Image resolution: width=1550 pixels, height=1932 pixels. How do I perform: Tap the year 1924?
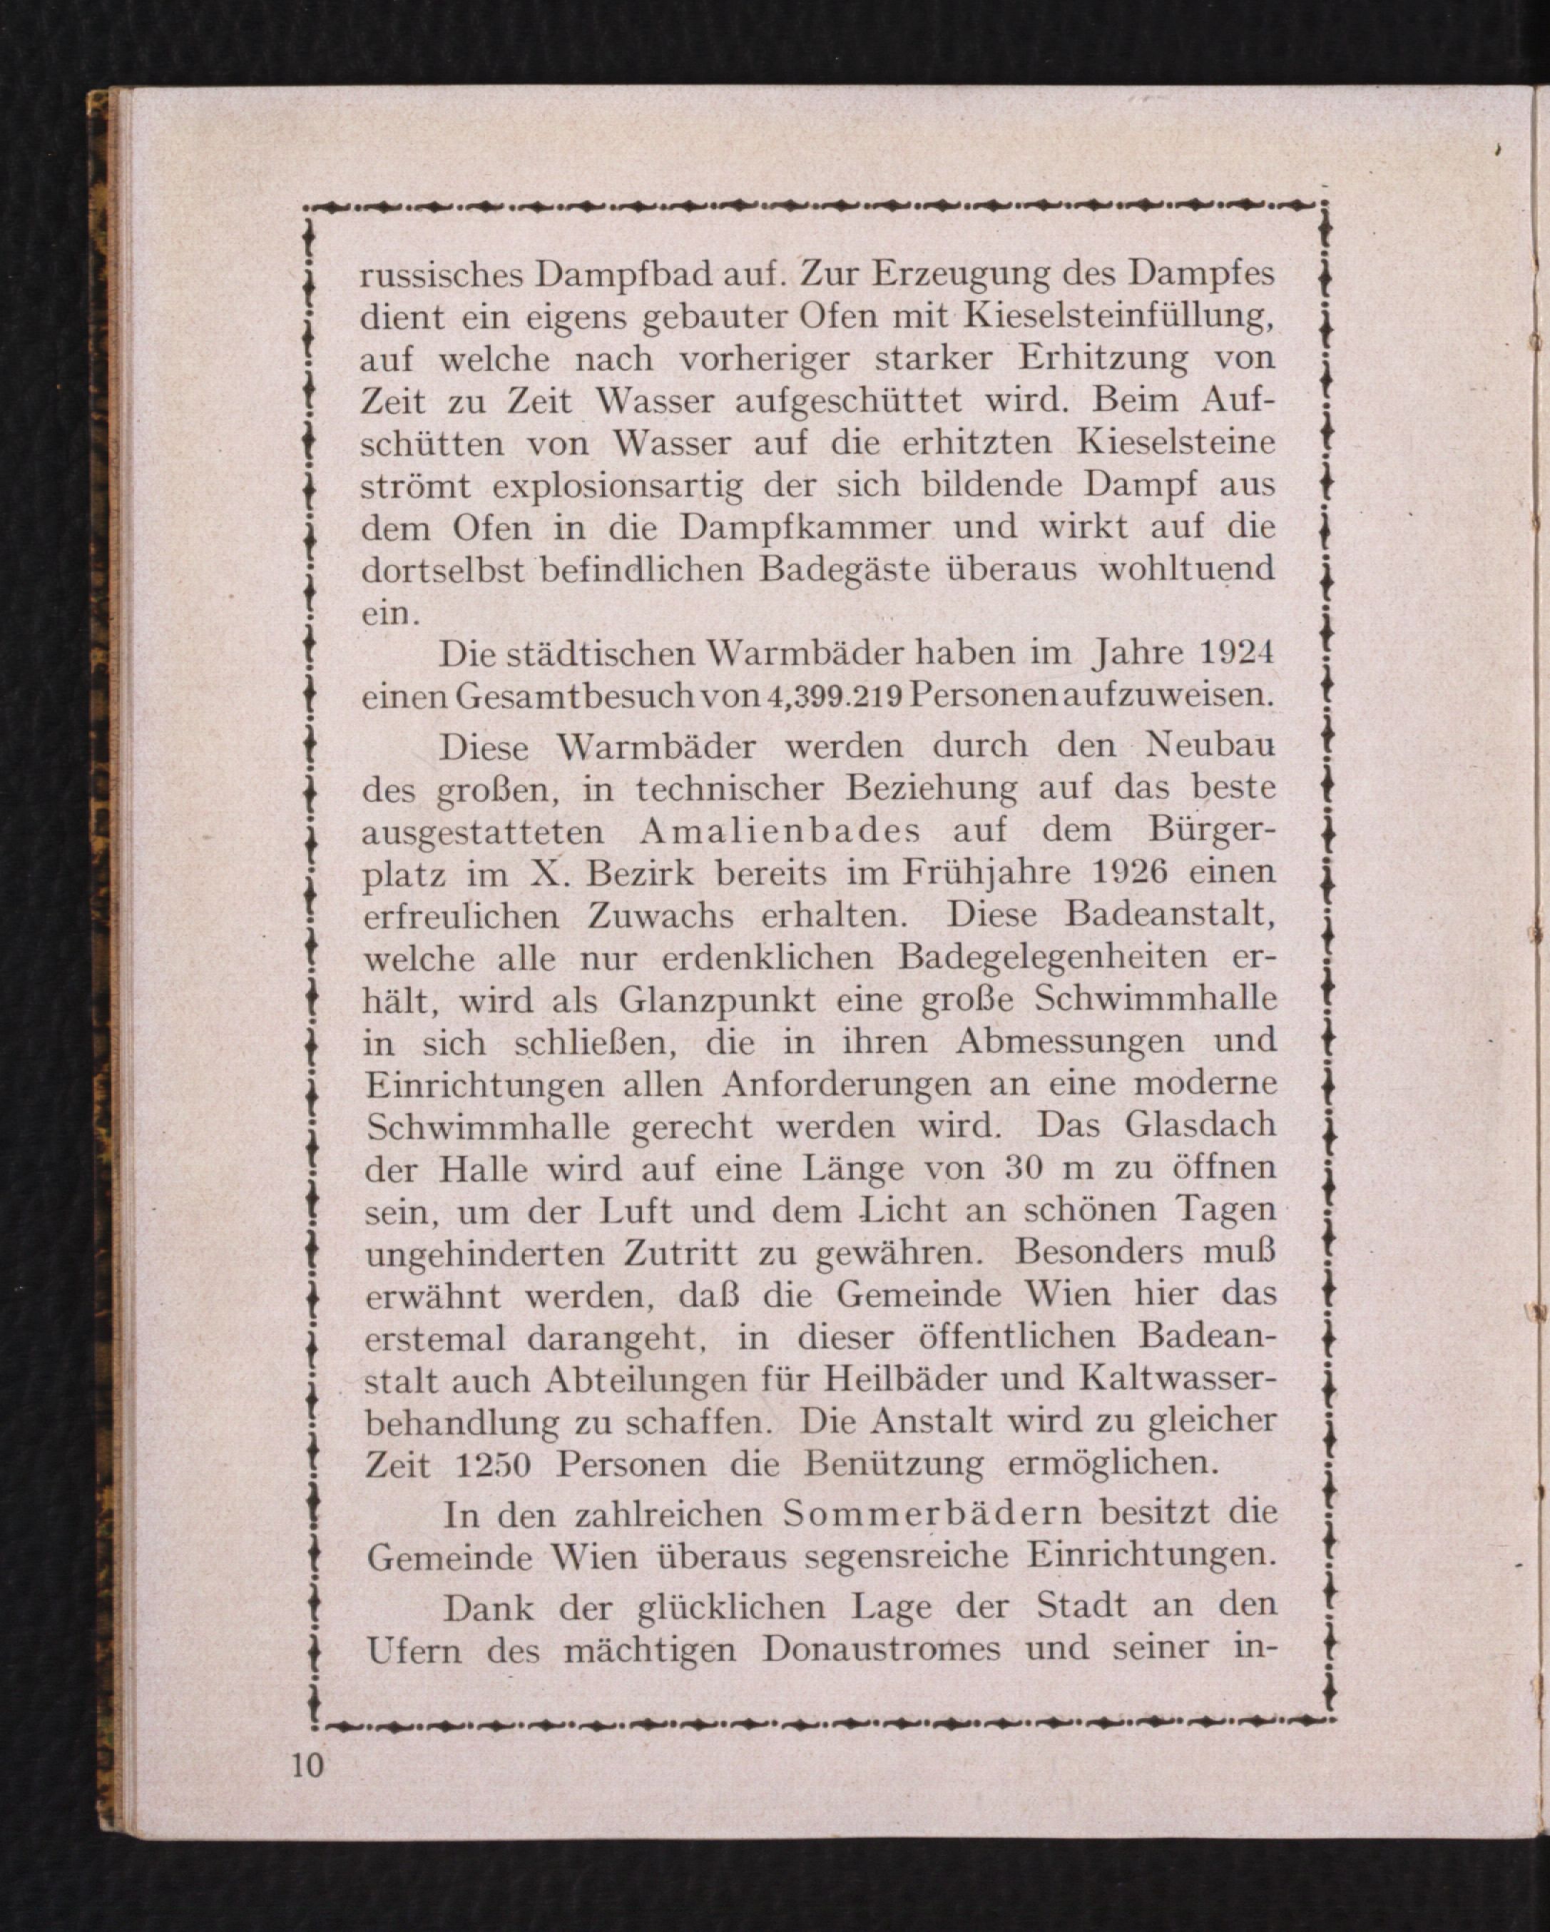[1236, 654]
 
